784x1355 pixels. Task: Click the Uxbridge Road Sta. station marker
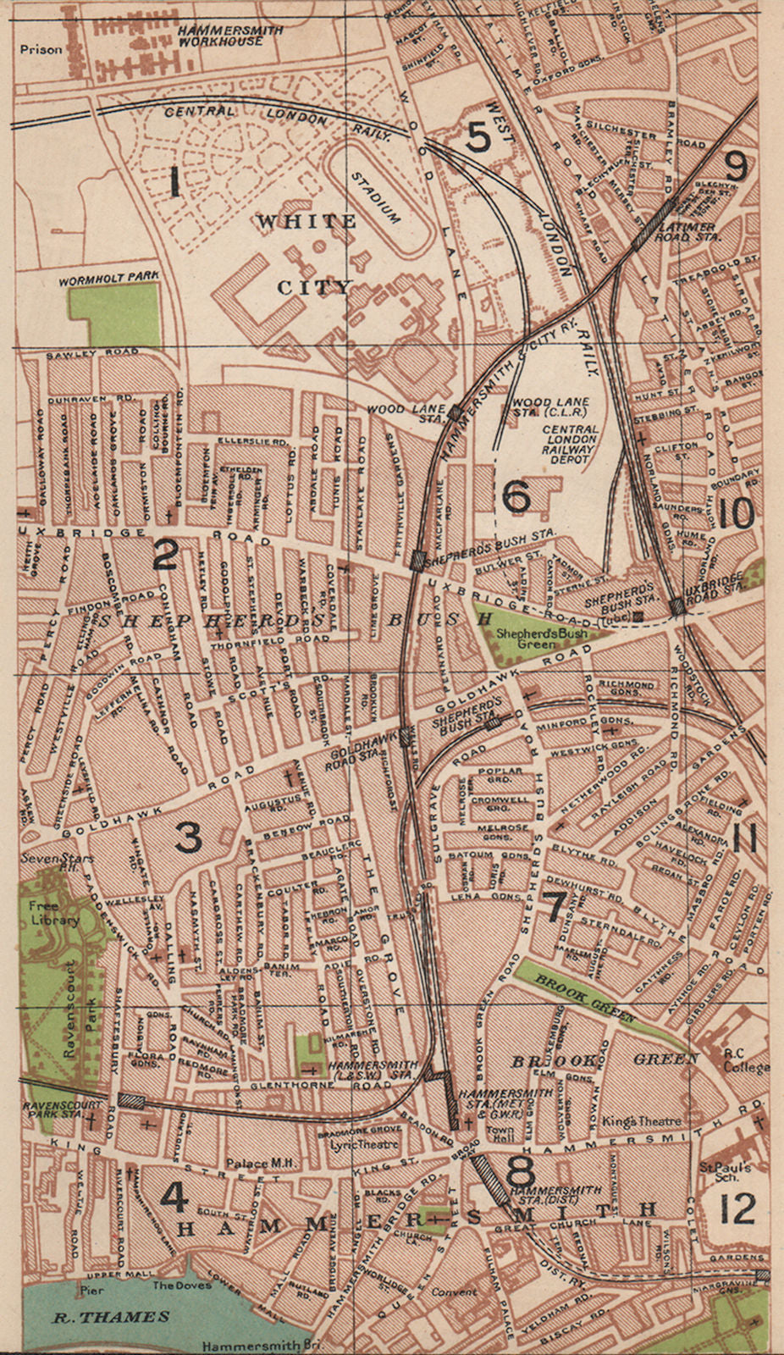[x=676, y=606]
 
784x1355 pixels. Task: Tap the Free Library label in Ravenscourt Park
[x=50, y=913]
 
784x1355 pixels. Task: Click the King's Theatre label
[x=641, y=1120]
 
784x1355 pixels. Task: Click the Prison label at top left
[x=42, y=50]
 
